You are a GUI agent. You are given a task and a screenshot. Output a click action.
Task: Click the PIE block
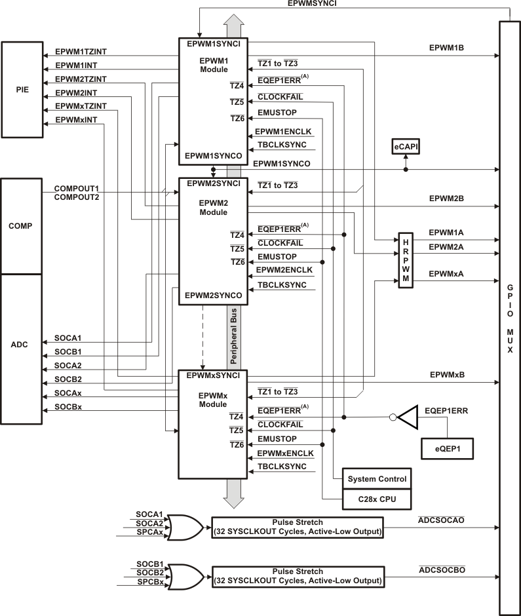(x=21, y=89)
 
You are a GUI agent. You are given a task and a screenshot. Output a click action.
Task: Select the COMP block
(x=21, y=225)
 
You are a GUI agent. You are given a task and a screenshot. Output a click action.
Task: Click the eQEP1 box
(x=448, y=450)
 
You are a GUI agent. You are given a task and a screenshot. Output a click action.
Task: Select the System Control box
(x=377, y=479)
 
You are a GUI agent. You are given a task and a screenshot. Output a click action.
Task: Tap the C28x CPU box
(x=377, y=500)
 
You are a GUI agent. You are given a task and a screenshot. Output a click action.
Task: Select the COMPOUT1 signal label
(x=76, y=188)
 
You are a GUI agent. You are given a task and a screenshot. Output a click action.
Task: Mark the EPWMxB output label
(x=447, y=375)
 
